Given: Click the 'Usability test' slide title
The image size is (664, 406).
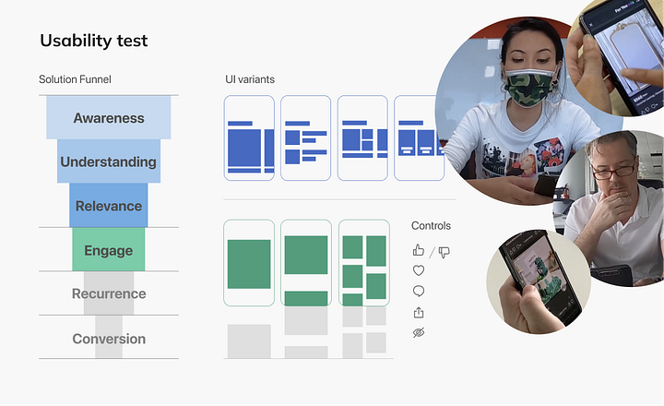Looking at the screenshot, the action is coord(93,42).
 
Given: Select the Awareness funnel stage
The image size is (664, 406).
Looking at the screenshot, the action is coord(109,118).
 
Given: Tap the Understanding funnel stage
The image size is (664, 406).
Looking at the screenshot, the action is coord(109,161).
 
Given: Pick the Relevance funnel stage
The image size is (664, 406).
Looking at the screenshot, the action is coord(109,206).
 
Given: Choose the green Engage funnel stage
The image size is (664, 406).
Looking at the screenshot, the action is coord(109,250).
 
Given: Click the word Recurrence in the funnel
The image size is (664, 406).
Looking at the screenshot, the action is coord(109,294).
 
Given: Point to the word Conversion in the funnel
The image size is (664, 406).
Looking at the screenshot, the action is coord(109,339).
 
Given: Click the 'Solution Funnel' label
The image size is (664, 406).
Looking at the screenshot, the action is coord(75,79).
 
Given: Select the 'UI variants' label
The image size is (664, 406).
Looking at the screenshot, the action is coord(250,79).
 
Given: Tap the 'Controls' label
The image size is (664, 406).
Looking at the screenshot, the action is coord(431,226).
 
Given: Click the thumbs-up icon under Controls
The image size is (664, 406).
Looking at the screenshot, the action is coord(419,250).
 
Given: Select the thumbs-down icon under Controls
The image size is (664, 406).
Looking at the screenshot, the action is coord(444,251).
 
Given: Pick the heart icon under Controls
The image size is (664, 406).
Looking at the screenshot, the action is coord(419,271).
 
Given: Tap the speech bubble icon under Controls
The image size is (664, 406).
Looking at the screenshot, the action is coord(419,292).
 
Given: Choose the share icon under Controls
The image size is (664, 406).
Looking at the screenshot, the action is coord(419,312).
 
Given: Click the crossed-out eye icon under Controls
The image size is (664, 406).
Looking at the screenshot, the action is coord(419,332).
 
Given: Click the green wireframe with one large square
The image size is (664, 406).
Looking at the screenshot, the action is coord(249,263).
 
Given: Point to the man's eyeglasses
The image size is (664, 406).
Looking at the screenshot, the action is coord(615,170).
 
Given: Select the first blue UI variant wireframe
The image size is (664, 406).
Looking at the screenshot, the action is coord(249,138).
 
